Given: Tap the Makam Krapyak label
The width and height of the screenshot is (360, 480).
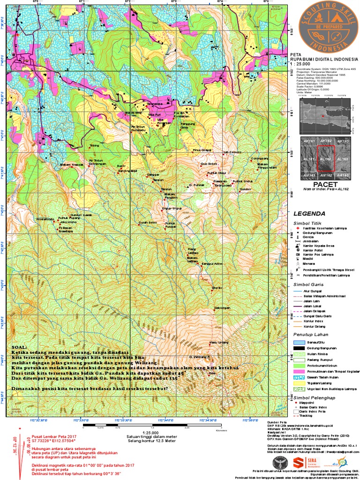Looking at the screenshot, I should (72, 165).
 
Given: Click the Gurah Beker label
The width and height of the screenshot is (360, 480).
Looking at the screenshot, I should (147, 222).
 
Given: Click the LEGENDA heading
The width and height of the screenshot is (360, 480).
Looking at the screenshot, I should (310, 213).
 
